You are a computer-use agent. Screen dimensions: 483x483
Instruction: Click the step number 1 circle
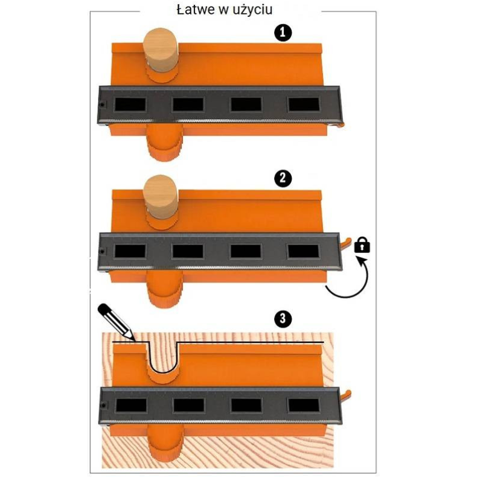tap(283, 33)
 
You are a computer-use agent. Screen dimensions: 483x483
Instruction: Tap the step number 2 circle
tap(283, 179)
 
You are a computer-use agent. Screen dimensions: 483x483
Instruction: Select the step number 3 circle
tap(283, 318)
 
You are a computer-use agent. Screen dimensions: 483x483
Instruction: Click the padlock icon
tap(362, 245)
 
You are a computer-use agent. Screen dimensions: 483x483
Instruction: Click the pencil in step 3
tap(116, 322)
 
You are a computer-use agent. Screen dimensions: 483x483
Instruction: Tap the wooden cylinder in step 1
tap(160, 51)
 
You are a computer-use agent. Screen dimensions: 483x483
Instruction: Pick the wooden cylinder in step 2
tap(160, 197)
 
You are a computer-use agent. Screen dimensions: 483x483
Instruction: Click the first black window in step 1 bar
tap(130, 104)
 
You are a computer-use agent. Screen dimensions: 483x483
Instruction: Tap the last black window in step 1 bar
tap(304, 104)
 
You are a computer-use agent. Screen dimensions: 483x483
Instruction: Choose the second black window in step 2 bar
tap(188, 251)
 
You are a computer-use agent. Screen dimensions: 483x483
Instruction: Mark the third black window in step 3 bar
tap(246, 405)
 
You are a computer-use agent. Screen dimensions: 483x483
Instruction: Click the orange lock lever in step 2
tap(345, 243)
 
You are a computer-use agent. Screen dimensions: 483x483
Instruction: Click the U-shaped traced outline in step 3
tap(163, 373)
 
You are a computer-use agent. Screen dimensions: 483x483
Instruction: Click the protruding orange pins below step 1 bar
tap(164, 142)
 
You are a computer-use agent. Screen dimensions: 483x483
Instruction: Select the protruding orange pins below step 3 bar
tap(164, 443)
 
